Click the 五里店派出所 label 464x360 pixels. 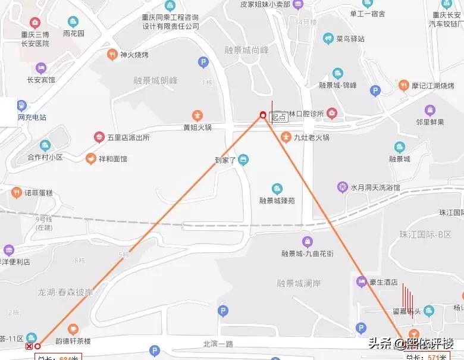point(128,137)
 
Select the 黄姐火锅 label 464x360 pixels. point(197,127)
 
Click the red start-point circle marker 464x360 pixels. point(263,115)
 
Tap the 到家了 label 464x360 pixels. point(226,159)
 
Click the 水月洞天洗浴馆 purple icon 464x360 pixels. point(343,187)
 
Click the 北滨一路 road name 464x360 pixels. point(219,343)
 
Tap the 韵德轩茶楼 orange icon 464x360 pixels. point(73,328)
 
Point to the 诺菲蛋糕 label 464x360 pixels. point(39,192)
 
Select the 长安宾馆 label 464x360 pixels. point(41,80)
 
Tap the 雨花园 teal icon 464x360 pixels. point(74,22)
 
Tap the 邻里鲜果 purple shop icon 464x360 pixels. point(430,110)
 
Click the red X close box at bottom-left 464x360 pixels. point(29,346)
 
